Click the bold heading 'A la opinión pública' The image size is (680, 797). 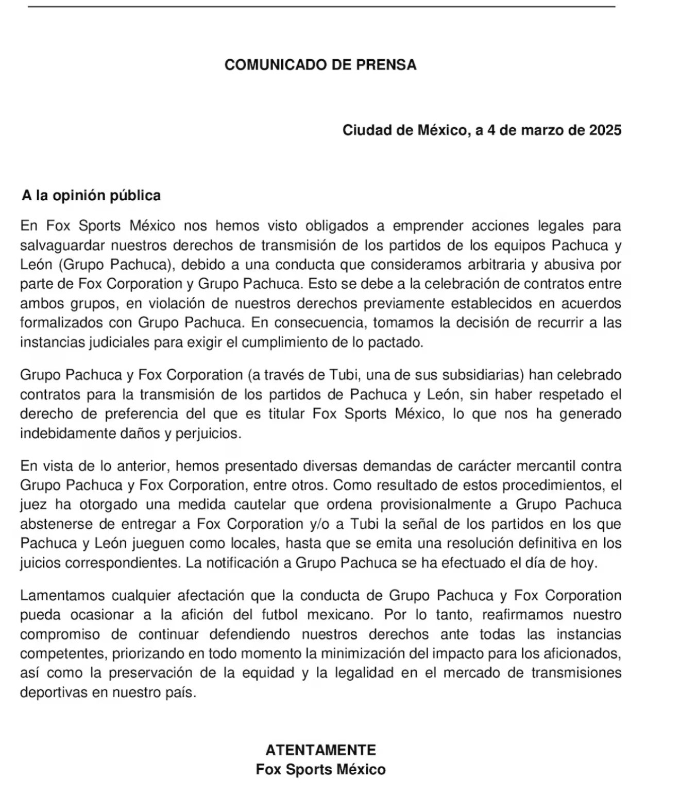[x=91, y=196]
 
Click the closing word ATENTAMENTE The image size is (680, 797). [x=320, y=750]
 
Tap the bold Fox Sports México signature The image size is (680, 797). [x=320, y=770]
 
